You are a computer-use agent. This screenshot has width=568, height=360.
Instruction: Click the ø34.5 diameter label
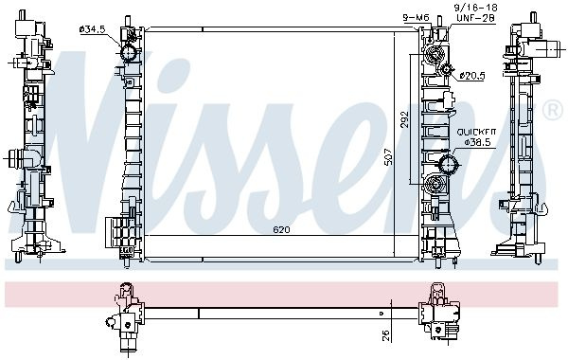[x=92, y=29]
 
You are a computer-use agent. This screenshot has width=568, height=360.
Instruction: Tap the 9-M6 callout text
[x=416, y=17]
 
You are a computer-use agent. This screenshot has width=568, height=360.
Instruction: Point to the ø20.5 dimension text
[x=471, y=76]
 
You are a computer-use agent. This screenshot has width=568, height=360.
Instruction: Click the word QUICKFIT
[x=476, y=133]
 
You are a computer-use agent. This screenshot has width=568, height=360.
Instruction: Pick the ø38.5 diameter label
[x=477, y=142]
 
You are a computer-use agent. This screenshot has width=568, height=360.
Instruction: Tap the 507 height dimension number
[x=388, y=156]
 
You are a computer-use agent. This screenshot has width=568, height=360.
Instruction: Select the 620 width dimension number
[x=281, y=230]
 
